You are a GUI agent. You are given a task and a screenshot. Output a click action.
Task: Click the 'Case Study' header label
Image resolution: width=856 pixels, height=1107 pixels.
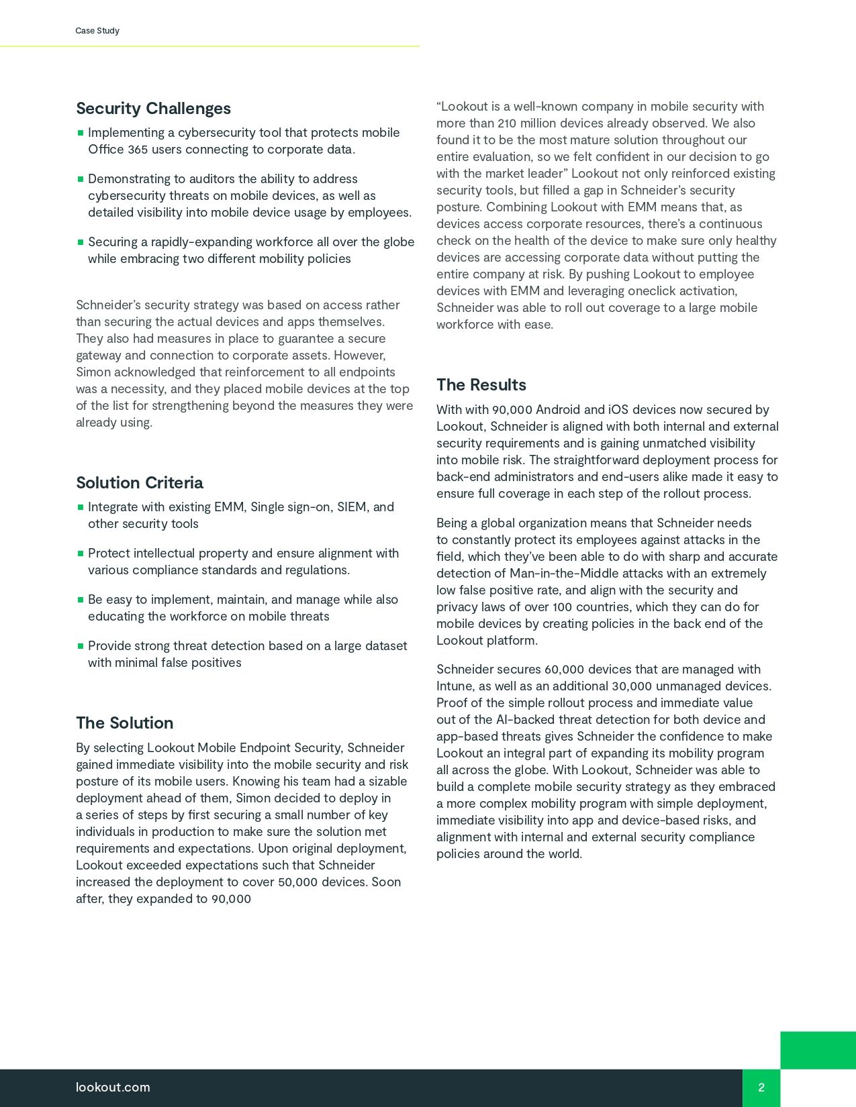(x=97, y=31)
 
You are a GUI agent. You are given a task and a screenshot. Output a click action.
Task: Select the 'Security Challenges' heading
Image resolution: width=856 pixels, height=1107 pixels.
(x=153, y=109)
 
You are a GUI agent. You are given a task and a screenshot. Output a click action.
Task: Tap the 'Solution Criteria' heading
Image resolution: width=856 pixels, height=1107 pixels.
(x=139, y=483)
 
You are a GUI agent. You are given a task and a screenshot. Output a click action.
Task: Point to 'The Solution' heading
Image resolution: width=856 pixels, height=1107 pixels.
(x=124, y=723)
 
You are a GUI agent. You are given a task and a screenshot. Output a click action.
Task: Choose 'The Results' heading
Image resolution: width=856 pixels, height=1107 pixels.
(x=481, y=385)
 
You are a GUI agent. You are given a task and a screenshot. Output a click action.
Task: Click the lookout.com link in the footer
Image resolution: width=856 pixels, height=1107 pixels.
(x=113, y=1088)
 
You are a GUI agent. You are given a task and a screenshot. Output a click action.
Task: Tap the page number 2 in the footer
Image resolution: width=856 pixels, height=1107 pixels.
(x=761, y=1088)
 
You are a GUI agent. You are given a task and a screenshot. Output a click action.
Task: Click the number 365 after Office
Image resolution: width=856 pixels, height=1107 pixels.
(x=138, y=150)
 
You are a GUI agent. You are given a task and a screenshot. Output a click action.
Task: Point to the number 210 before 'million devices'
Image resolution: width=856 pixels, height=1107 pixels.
(x=508, y=123)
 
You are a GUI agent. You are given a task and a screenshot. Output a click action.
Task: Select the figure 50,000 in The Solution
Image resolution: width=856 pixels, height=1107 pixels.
(x=297, y=882)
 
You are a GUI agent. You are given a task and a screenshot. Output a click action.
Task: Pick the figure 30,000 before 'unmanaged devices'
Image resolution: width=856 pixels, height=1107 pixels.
(x=632, y=686)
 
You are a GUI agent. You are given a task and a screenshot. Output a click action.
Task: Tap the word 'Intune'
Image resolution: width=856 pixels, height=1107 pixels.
(x=455, y=686)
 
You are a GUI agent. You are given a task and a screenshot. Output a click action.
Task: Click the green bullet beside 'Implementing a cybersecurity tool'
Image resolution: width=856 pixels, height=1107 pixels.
(x=81, y=133)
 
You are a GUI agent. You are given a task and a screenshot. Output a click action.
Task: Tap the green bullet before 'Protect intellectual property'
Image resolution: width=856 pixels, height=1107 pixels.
(x=81, y=553)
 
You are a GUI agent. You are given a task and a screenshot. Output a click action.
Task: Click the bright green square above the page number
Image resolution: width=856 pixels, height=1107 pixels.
(x=818, y=1050)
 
